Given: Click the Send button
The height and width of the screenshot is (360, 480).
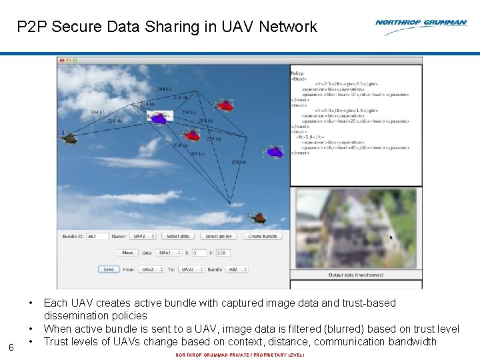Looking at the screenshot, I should (108, 269).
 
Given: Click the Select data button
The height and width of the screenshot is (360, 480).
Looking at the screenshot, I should (178, 236).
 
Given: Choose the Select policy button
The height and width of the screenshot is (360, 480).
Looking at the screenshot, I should (219, 236).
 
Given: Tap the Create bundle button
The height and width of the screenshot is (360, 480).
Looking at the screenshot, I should (263, 236).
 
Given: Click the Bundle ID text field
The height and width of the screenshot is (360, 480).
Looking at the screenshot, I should (97, 236).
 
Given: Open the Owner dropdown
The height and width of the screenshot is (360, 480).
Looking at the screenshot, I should (143, 236).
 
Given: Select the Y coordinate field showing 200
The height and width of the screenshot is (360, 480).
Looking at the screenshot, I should (223, 253).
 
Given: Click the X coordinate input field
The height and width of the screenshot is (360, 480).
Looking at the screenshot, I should (199, 253).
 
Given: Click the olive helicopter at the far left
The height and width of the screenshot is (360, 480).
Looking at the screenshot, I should (69, 138).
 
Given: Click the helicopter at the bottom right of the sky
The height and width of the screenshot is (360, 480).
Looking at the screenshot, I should (257, 217).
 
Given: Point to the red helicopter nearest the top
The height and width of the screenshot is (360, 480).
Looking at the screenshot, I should (226, 105).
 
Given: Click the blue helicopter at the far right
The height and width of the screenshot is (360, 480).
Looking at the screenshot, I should (275, 152).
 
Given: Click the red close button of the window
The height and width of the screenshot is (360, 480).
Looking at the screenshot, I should (62, 61).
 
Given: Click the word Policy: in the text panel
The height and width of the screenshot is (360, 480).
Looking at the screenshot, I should (298, 73).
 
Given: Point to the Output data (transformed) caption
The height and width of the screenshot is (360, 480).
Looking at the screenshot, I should (356, 275).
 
